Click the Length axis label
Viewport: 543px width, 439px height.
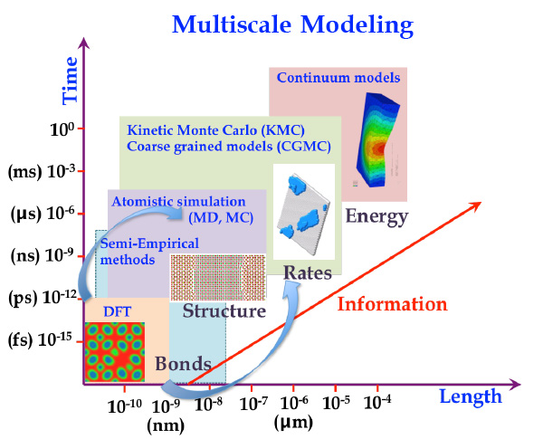[x=470, y=396]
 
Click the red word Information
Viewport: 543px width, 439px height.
[x=393, y=302]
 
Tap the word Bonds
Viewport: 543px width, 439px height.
[x=183, y=365]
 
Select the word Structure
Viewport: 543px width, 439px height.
[x=224, y=311]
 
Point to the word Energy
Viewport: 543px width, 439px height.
[x=376, y=216]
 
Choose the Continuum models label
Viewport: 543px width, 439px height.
[x=338, y=78]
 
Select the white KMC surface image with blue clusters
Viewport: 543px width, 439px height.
[x=304, y=214]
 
